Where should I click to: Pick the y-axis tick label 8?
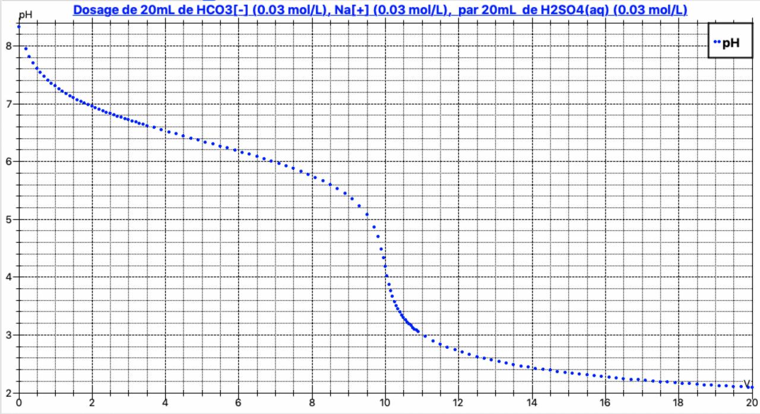8,46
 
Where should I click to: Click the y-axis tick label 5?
8,219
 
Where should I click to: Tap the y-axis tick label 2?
8,393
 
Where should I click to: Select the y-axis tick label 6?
8,162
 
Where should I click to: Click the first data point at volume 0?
19,27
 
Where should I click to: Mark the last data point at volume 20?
752,387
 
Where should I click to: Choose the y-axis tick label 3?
8,335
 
